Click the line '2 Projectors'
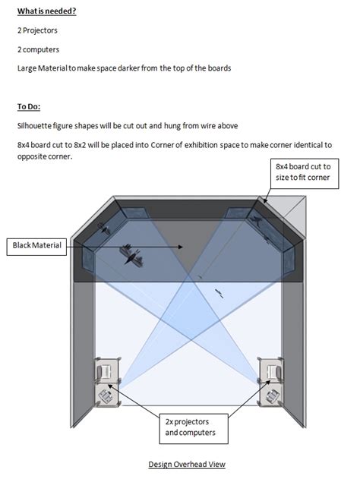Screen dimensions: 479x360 click(x=37, y=30)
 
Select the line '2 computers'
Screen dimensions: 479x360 click(x=37, y=49)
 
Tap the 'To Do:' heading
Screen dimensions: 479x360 click(x=30, y=106)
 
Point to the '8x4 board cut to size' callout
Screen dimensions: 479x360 click(x=302, y=172)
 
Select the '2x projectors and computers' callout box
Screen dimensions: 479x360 click(x=187, y=426)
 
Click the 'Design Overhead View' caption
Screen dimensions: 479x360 click(x=186, y=464)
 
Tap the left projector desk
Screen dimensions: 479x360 click(x=106, y=381)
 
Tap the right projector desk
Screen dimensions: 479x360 click(x=270, y=381)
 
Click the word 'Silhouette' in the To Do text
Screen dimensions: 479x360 click(x=36, y=126)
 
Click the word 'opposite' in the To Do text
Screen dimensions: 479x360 click(x=33, y=157)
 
